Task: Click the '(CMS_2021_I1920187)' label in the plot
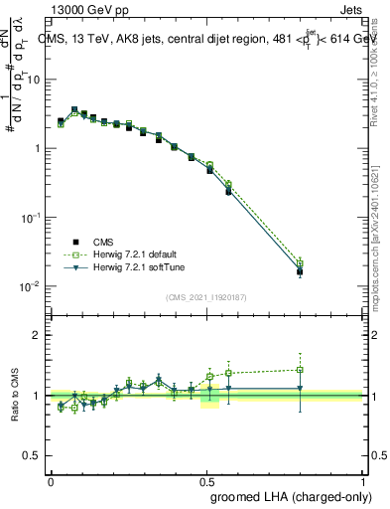tap(205, 297)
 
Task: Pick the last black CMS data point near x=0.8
tap(300, 271)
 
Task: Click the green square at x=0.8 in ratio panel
tap(300, 370)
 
